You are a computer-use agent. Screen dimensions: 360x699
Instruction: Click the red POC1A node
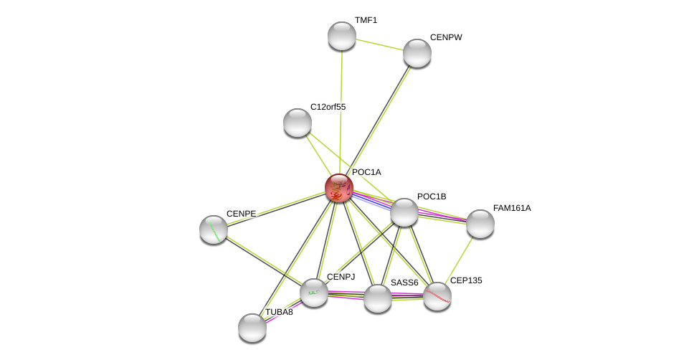tap(339, 188)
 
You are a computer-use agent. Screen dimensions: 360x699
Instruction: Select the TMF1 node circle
tap(342, 36)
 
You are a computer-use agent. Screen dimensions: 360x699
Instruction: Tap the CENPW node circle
tap(417, 53)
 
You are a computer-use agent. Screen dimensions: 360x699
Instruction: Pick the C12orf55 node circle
tap(298, 123)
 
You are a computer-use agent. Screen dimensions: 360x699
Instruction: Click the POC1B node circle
tap(404, 212)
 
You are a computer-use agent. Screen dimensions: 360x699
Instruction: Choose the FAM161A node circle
tap(480, 224)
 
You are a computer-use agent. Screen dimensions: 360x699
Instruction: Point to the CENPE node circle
tap(214, 229)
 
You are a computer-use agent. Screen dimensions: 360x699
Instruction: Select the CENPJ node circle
tap(314, 293)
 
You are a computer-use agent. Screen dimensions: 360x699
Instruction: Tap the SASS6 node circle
tap(378, 298)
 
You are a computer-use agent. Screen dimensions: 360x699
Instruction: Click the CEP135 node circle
tap(437, 296)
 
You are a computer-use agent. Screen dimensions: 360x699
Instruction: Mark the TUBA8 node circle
tap(252, 328)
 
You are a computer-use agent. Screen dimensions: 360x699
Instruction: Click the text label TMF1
tap(366, 20)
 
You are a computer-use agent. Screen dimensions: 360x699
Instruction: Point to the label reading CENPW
tap(446, 37)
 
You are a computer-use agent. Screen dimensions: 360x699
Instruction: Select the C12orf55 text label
tap(328, 107)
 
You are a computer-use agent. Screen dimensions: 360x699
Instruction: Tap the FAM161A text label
tap(512, 208)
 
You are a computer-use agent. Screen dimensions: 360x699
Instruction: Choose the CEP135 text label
tap(466, 280)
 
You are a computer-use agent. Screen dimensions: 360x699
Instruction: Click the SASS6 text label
tap(404, 283)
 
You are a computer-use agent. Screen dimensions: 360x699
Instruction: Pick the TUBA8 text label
tap(279, 312)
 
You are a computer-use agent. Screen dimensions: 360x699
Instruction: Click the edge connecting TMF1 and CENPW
tap(379, 44)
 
